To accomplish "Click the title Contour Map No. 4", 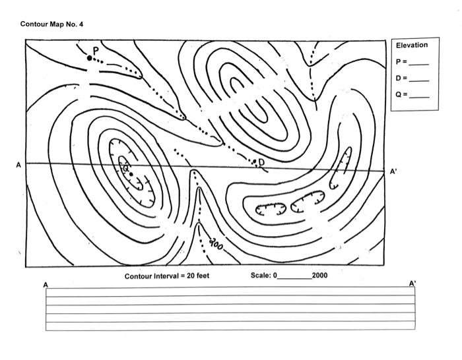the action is pos(51,24).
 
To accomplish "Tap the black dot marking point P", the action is pos(90,58).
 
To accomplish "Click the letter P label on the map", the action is pos(96,50).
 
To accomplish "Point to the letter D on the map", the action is pos(261,162).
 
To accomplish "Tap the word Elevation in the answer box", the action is pos(412,45).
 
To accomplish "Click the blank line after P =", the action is pos(419,65).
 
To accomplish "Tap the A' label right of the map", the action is pos(393,171).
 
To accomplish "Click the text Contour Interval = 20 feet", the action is pos(167,276).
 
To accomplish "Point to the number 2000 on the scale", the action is pos(320,276).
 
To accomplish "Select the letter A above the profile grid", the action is pos(46,285).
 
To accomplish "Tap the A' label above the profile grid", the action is pos(412,284).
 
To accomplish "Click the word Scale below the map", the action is pos(260,276).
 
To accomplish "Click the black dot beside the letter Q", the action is pos(132,174).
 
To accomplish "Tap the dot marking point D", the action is pos(254,161).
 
